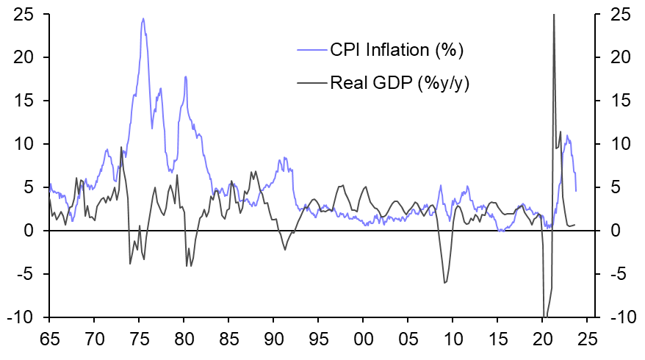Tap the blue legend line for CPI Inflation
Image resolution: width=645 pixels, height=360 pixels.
pos(311,50)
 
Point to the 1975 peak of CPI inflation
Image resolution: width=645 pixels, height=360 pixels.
pos(143,19)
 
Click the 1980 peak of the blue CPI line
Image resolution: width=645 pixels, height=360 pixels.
pos(186,76)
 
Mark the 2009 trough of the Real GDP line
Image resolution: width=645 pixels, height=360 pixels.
pos(445,283)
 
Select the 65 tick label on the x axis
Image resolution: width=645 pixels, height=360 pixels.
pos(49,342)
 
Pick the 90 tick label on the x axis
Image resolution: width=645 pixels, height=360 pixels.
pos(274,342)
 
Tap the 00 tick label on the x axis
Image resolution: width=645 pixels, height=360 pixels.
pos(364,342)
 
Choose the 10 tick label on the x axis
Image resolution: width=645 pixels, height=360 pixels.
pos(453,342)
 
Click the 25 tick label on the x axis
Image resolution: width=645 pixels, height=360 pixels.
pos(588,342)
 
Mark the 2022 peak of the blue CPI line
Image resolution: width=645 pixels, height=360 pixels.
pos(567,136)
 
